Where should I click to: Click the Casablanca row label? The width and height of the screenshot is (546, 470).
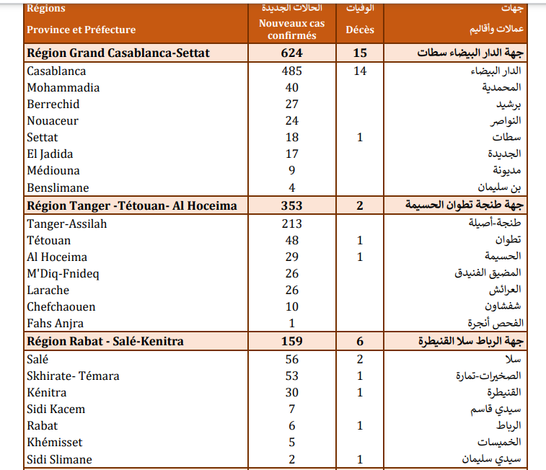click(x=56, y=71)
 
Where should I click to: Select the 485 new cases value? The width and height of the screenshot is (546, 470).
click(x=291, y=71)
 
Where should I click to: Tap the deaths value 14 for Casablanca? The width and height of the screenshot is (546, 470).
click(x=360, y=71)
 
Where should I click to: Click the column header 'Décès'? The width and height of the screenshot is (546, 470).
click(x=360, y=30)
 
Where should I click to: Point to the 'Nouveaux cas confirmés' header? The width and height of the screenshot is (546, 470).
click(x=291, y=29)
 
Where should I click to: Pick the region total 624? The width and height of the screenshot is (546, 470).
click(x=291, y=53)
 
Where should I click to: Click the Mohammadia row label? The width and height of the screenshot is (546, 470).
click(x=63, y=88)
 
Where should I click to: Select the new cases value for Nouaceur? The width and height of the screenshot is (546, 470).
click(x=291, y=121)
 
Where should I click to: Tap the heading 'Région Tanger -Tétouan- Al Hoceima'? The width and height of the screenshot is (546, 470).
click(x=131, y=206)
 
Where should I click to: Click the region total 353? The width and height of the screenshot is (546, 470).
click(x=291, y=206)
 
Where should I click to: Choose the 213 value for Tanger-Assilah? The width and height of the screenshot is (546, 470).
click(x=291, y=224)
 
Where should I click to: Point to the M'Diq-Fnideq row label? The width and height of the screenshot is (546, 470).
click(x=63, y=274)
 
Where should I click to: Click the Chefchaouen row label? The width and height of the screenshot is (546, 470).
click(x=61, y=307)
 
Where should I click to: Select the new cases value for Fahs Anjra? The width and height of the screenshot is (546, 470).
click(x=291, y=324)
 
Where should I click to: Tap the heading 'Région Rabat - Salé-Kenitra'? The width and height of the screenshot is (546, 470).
click(x=105, y=342)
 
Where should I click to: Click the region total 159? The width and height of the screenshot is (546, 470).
click(x=291, y=342)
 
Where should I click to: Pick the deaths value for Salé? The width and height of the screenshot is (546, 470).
click(x=360, y=359)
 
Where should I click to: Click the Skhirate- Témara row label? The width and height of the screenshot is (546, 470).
click(x=73, y=376)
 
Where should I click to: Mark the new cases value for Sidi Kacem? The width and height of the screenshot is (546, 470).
click(x=291, y=409)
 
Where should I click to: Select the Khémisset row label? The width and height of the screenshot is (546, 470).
click(x=55, y=443)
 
